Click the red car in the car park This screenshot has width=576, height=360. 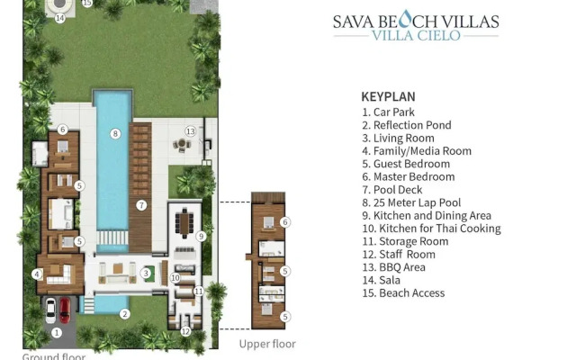(x=65, y=310)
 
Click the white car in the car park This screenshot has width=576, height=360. (x=50, y=310)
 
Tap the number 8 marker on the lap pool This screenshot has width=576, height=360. (x=115, y=134)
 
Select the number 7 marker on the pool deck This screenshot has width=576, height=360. (x=141, y=205)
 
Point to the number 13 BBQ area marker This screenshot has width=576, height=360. (x=190, y=131)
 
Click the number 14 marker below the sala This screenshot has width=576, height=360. (x=60, y=18)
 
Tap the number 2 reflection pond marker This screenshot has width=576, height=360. (x=125, y=314)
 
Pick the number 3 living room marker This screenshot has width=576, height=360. (x=146, y=274)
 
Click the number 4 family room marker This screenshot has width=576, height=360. (x=37, y=274)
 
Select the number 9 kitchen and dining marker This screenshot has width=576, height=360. (x=201, y=236)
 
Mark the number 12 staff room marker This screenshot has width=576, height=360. (x=186, y=332)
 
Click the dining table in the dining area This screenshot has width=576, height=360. (x=184, y=223)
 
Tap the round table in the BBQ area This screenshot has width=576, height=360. (x=182, y=144)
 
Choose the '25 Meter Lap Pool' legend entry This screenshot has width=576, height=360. (x=411, y=202)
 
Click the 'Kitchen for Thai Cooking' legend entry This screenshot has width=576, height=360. (x=432, y=229)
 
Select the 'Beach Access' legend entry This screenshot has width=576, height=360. (x=403, y=293)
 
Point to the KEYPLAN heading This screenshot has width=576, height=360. (x=388, y=96)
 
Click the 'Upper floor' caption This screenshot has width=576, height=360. (x=267, y=344)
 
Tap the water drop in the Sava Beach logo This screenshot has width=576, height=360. (x=405, y=19)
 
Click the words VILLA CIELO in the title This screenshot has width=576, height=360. (x=416, y=36)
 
